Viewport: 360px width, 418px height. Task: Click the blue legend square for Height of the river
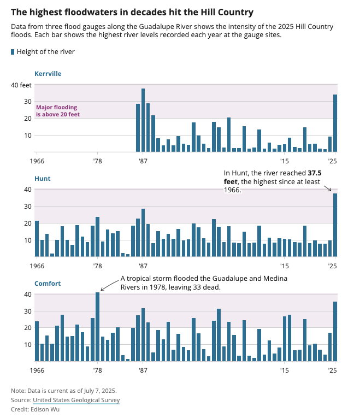[x=13, y=52]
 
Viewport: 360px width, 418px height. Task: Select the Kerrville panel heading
[x=48, y=73]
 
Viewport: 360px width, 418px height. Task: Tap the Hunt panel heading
[x=42, y=179]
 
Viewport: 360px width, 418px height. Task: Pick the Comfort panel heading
[x=48, y=284]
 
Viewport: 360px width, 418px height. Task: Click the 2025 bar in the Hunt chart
[x=335, y=225]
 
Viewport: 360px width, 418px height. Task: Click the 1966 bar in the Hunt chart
[x=37, y=239]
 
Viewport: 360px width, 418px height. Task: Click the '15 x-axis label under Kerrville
[x=284, y=161]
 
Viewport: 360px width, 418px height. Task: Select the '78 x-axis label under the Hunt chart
[x=97, y=266]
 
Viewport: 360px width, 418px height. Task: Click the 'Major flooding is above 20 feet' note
[x=57, y=111]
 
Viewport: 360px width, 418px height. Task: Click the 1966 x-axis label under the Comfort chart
[x=37, y=371]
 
